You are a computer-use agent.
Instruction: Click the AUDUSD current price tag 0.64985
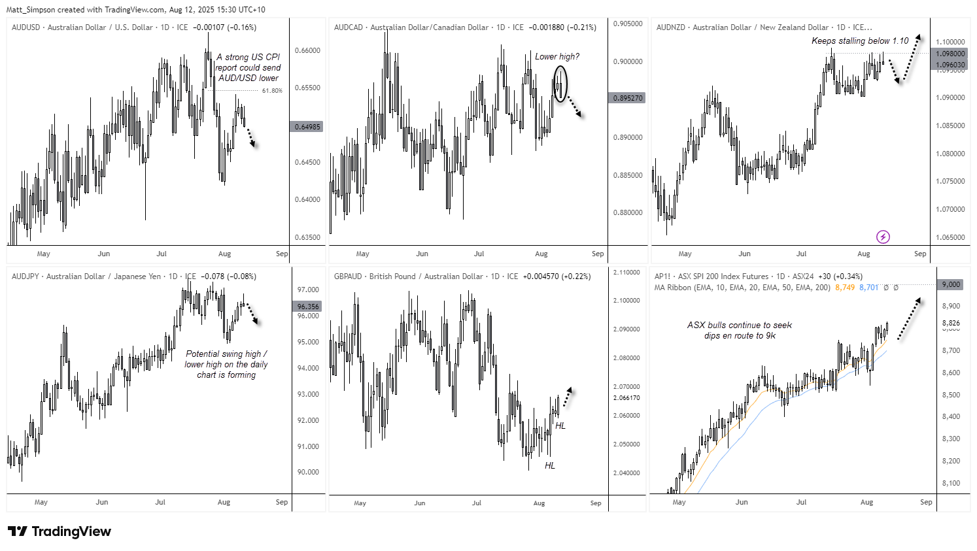point(307,127)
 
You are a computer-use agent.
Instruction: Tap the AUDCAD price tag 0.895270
point(627,98)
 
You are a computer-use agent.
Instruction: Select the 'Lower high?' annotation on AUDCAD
point(557,57)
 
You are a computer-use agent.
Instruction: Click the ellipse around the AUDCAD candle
point(560,83)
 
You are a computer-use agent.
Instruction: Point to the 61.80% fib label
point(272,91)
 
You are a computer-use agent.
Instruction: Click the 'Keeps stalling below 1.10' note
point(859,41)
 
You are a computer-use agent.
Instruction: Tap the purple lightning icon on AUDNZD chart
point(883,237)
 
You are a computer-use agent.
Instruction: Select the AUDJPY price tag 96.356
point(308,307)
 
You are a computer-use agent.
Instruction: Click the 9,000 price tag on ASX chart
point(951,284)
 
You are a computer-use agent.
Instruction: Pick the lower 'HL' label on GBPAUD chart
point(549,465)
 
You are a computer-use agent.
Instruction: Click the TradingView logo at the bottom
point(60,531)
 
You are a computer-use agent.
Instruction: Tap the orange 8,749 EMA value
point(844,288)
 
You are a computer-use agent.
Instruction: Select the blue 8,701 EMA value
point(868,288)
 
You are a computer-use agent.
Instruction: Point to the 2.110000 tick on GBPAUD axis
point(626,273)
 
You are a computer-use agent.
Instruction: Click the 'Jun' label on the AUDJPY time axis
point(101,502)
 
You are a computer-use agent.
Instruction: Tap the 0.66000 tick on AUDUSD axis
point(307,50)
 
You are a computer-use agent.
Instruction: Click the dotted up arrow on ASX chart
point(908,319)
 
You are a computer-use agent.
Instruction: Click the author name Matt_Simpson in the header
point(30,10)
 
